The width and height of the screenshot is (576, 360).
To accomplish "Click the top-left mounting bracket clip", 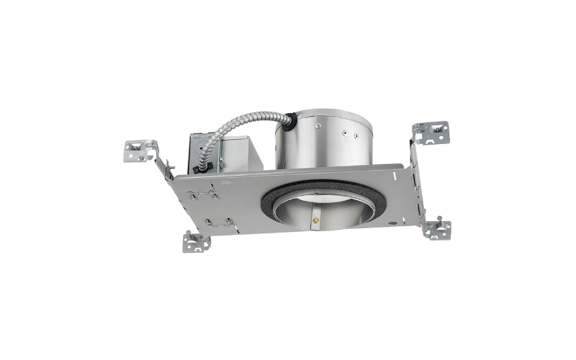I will coord(140,150).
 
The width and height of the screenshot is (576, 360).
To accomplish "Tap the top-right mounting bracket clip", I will coord(430,132).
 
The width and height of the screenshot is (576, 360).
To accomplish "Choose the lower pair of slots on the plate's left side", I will coord(216,222).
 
